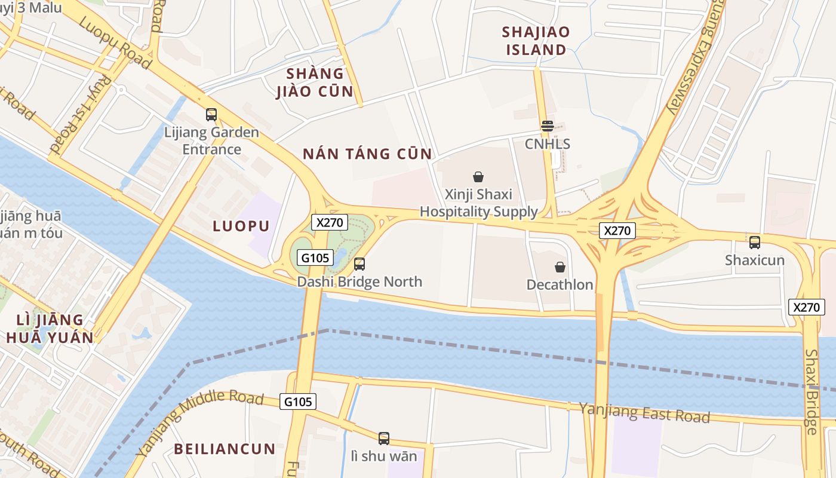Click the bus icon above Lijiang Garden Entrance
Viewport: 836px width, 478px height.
[211, 114]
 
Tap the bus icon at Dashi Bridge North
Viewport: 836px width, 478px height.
[359, 263]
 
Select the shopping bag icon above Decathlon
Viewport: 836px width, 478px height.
[560, 267]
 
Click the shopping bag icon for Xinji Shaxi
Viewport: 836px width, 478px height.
[478, 177]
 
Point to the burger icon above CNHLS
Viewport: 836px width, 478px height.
[547, 126]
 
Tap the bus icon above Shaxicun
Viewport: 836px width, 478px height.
[755, 242]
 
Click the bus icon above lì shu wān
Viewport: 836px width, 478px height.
[384, 439]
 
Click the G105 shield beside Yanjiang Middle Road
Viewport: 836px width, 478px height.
[298, 402]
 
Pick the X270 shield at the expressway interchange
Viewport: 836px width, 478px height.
[617, 231]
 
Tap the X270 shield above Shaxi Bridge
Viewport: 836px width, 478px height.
[806, 307]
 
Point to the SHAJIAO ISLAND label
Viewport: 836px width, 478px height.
[536, 41]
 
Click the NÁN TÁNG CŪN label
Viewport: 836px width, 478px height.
[367, 154]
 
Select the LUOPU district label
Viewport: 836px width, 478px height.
[241, 226]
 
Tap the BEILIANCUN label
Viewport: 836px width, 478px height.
[225, 449]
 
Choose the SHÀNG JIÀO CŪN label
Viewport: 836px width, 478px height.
[315, 83]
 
